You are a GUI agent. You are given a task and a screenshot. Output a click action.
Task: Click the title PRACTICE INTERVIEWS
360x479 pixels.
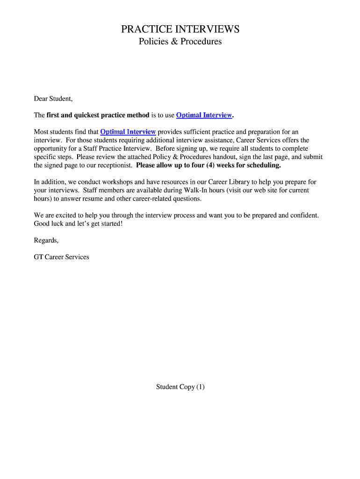(x=180, y=29)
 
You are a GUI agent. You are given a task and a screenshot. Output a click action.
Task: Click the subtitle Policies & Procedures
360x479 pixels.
(x=180, y=42)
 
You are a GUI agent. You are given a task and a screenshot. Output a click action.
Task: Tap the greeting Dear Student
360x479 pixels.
(x=53, y=99)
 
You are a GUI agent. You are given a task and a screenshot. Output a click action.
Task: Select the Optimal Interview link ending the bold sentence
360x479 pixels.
(x=204, y=115)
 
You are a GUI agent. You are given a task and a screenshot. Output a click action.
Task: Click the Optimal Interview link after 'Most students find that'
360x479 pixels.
(x=128, y=132)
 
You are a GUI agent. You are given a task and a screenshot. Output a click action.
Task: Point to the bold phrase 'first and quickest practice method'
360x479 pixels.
(x=98, y=115)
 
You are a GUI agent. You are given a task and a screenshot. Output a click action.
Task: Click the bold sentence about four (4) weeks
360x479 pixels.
(x=209, y=165)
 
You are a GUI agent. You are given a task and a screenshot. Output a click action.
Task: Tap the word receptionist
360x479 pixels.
(x=114, y=165)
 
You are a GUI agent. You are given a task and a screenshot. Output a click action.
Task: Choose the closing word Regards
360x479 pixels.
(x=46, y=240)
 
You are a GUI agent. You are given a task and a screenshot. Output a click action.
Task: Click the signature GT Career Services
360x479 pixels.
(x=61, y=257)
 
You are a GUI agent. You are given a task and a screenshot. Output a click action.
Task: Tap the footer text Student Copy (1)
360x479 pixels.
(x=180, y=387)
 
